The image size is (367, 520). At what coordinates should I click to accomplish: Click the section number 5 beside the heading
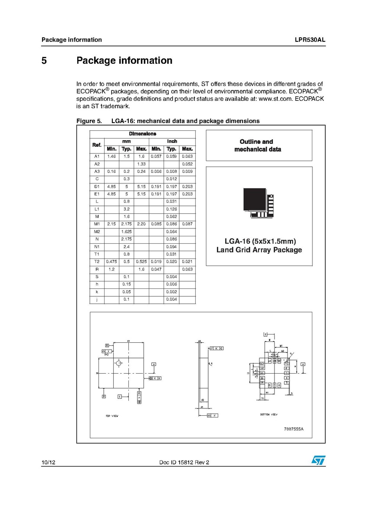(44, 61)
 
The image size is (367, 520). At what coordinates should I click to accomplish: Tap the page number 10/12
(49, 463)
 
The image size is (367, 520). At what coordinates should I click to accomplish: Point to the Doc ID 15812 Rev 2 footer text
(184, 463)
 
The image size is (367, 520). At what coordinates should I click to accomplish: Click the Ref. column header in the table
(97, 145)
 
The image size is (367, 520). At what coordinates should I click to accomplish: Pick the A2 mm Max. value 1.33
(141, 164)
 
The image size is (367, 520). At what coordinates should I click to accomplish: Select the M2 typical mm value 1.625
(127, 232)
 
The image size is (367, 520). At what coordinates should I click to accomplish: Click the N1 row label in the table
(97, 247)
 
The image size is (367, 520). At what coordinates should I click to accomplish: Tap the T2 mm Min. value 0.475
(112, 262)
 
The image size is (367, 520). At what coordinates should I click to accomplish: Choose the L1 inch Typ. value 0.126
(171, 209)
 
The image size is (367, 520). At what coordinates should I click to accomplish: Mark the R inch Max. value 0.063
(187, 269)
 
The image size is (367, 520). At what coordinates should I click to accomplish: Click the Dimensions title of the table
(142, 134)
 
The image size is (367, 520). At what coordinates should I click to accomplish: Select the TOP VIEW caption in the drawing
(112, 416)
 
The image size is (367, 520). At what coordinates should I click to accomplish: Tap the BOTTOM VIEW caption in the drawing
(269, 414)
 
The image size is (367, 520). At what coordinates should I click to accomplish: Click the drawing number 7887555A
(294, 429)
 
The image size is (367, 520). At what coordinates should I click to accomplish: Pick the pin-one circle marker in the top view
(119, 363)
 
